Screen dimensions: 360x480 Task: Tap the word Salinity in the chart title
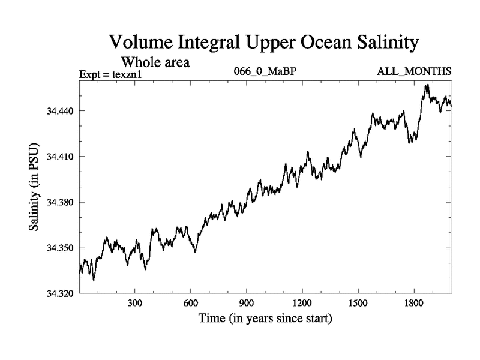[x=378, y=43]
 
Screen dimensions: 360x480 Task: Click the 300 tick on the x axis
[x=134, y=303]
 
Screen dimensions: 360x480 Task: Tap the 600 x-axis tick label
[x=190, y=303]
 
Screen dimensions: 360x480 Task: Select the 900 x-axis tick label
[x=247, y=303]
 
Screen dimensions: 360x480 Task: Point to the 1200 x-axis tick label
[x=302, y=303]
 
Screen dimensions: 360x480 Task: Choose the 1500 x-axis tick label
[x=358, y=303]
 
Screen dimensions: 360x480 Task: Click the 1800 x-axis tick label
[x=414, y=303]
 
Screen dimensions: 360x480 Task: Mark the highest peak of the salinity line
[x=427, y=85]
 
